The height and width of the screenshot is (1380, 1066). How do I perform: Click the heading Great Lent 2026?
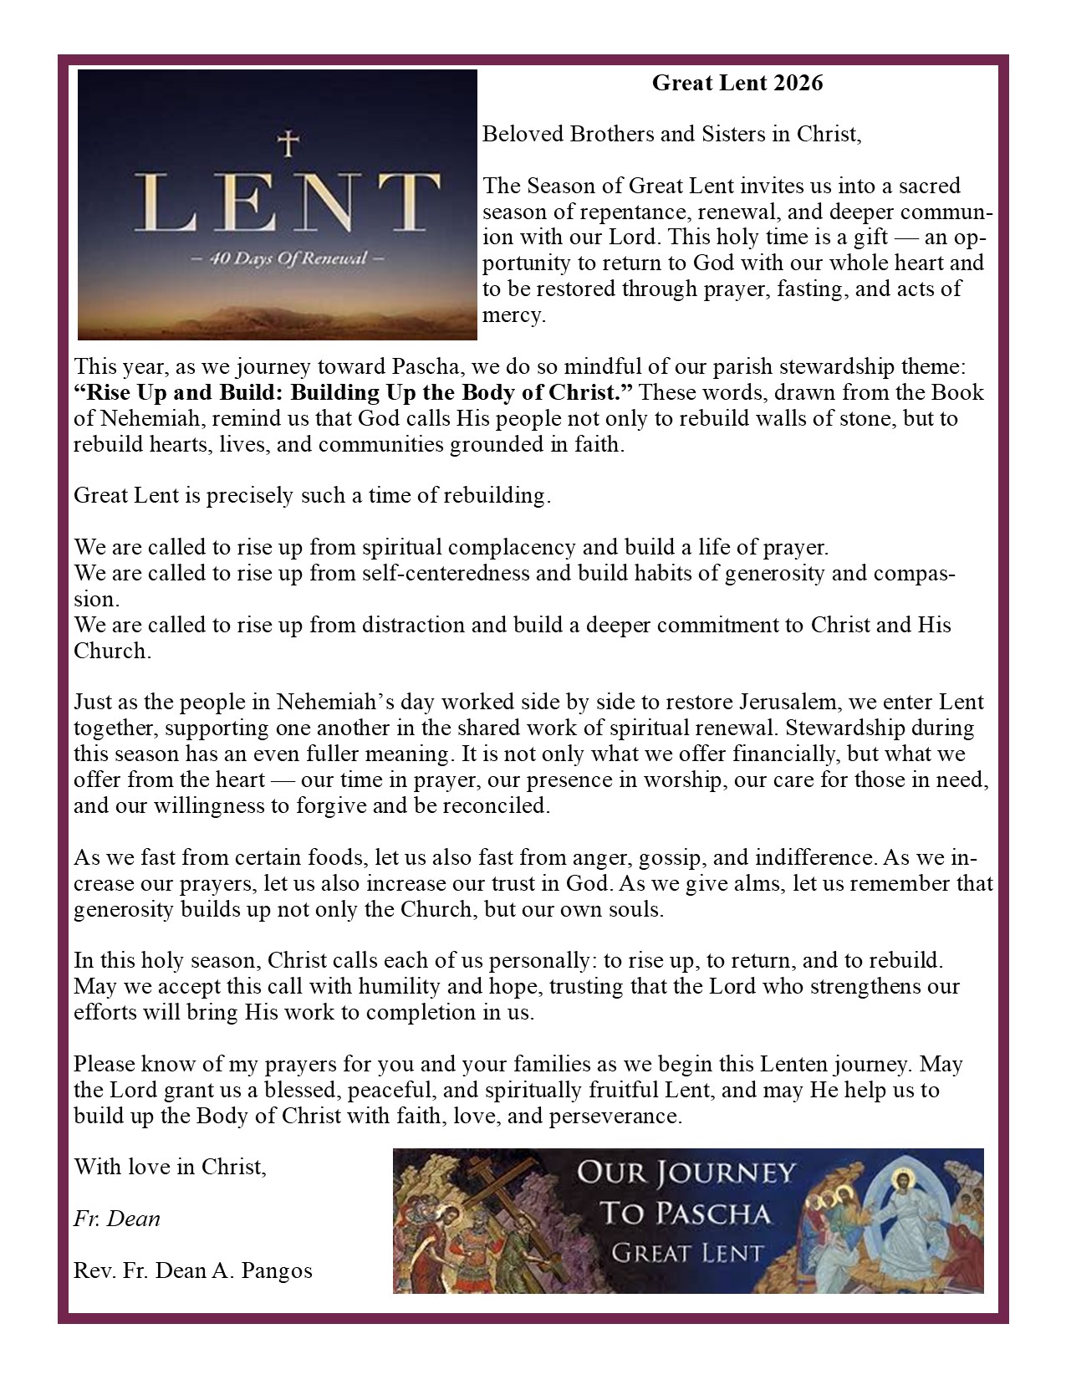pos(737,83)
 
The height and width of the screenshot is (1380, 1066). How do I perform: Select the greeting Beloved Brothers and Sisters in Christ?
pos(671,134)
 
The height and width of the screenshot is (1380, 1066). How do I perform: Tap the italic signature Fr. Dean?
pos(117,1219)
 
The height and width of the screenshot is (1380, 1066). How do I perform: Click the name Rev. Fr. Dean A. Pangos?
pos(193,1270)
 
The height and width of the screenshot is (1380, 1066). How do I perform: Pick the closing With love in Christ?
pos(171,1166)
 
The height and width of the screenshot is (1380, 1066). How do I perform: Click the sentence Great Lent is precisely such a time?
pos(312,495)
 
